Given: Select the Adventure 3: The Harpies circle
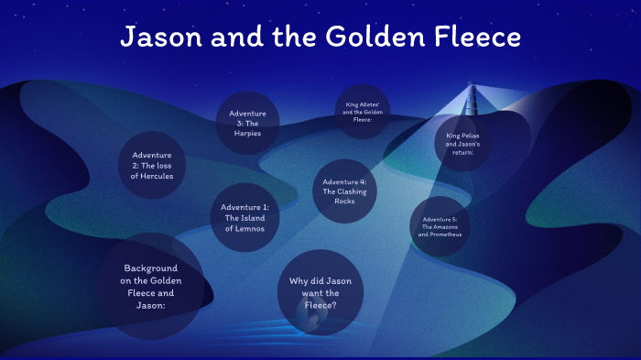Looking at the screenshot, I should (x=247, y=123).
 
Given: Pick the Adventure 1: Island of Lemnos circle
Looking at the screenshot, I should (x=244, y=218).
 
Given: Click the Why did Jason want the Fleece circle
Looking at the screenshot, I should (x=320, y=291).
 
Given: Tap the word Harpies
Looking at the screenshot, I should (x=247, y=134).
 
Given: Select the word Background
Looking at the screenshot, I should (x=150, y=268).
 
